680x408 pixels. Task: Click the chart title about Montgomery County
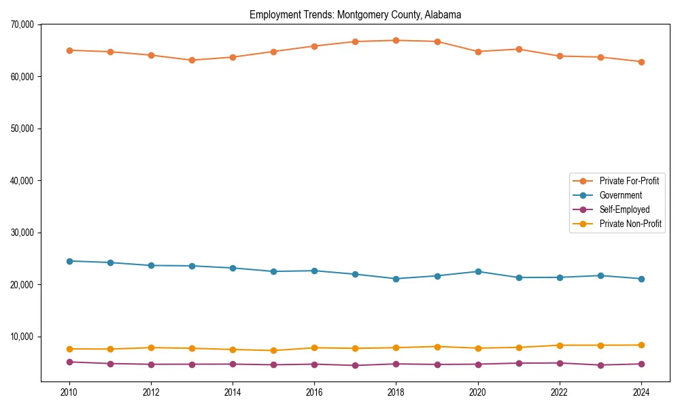355,14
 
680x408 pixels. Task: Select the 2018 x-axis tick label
396,392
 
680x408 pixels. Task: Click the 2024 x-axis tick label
641,392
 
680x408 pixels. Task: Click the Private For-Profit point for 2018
396,40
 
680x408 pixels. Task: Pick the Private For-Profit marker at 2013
192,60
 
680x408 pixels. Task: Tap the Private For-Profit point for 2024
641,62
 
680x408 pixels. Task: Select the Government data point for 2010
69,261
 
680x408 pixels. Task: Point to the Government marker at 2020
478,271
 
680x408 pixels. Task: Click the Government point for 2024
641,279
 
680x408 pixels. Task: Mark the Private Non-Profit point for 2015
273,351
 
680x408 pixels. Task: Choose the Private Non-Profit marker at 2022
560,345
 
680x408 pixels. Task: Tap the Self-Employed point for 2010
69,362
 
